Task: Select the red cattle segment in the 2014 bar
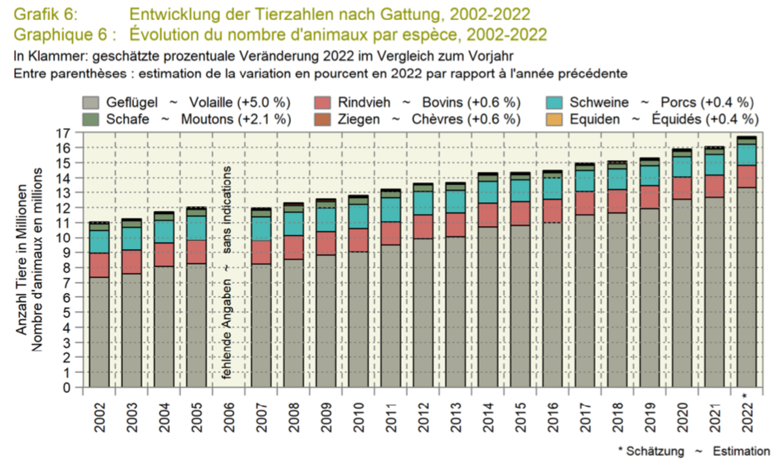[x=488, y=215]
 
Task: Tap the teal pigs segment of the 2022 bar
[x=747, y=155]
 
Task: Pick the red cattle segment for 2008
[x=294, y=247]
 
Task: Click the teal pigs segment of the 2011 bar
[x=391, y=210]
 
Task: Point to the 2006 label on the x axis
[x=229, y=417]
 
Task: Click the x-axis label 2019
[x=650, y=417]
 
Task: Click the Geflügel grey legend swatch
[x=91, y=103]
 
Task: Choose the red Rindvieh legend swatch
[x=323, y=103]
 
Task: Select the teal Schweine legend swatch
[x=555, y=103]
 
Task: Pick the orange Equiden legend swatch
[x=555, y=119]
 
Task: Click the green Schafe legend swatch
[x=91, y=119]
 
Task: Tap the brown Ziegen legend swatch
[x=323, y=119]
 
